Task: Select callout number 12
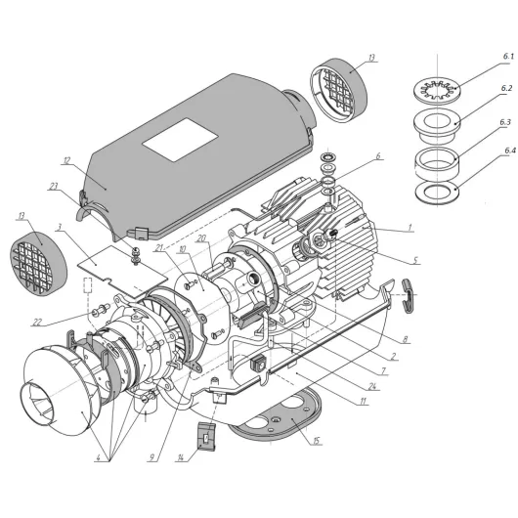[x=66, y=160]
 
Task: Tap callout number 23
[x=55, y=186]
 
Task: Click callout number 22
[x=65, y=322]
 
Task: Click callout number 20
[x=199, y=237]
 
